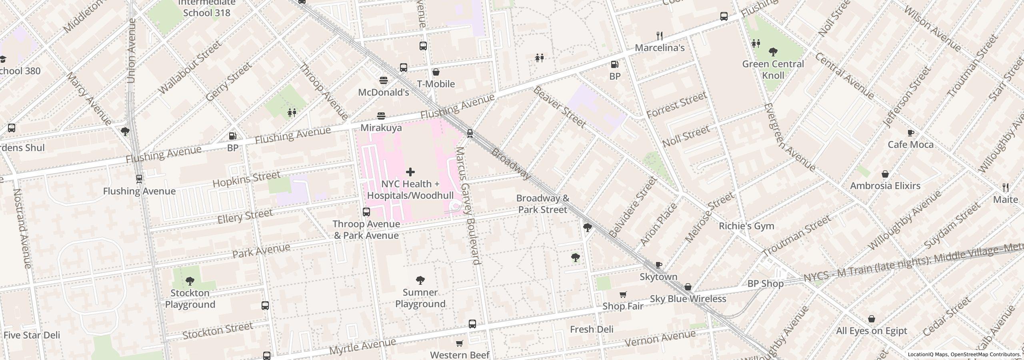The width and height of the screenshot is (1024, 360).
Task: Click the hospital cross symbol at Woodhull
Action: click(x=410, y=172)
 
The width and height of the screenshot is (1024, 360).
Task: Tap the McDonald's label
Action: click(x=383, y=92)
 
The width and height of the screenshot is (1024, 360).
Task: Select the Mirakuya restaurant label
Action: click(x=381, y=128)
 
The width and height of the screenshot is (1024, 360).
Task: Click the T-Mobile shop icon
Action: click(x=436, y=72)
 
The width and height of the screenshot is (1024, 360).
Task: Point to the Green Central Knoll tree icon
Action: click(x=773, y=52)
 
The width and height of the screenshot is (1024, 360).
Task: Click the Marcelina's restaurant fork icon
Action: click(x=660, y=36)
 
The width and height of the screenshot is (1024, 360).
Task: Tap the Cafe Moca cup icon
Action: click(x=910, y=133)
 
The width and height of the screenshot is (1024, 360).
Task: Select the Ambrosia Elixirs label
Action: click(x=885, y=186)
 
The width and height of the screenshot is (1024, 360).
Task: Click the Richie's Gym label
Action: click(x=746, y=226)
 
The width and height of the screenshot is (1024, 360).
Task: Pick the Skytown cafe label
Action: click(x=658, y=277)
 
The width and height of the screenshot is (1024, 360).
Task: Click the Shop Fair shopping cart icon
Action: click(x=623, y=295)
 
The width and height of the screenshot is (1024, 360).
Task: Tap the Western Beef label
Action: click(x=460, y=355)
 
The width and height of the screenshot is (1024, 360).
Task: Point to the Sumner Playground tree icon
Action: click(x=420, y=280)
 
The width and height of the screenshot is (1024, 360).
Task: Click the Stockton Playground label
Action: click(x=190, y=298)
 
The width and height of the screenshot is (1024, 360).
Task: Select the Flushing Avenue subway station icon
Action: click(x=139, y=179)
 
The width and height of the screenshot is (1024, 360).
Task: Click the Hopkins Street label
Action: click(x=246, y=179)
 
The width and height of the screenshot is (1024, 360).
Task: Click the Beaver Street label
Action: click(x=559, y=107)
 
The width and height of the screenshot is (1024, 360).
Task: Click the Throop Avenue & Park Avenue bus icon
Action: click(x=366, y=212)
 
